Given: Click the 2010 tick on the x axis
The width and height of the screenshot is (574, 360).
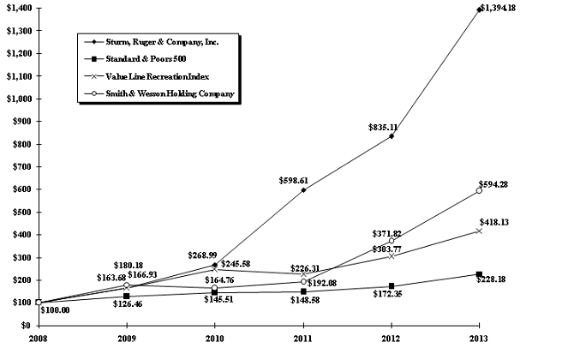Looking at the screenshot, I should [214, 339].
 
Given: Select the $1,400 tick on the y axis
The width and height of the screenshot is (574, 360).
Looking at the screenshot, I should [19, 8].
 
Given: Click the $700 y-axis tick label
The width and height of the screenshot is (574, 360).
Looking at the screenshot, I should [21, 166].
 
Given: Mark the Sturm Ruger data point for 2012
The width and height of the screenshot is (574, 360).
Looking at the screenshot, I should [391, 136].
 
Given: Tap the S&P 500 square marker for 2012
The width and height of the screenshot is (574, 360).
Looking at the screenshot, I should [391, 286].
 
